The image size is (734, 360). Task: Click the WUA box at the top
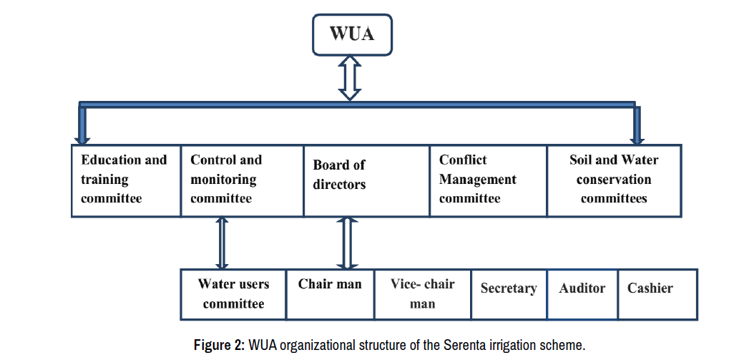point(352,35)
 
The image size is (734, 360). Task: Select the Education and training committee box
point(124,180)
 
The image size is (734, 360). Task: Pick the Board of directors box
point(366,180)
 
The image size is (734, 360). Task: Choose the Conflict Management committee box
point(487,180)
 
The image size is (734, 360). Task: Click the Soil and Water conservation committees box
point(614,180)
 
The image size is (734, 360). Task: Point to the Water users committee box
point(233,294)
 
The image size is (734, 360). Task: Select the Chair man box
point(330,294)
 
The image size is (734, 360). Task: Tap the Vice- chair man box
point(422,294)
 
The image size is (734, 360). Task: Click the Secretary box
point(509,294)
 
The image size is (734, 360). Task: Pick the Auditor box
point(582,294)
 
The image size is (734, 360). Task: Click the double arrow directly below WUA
point(350,78)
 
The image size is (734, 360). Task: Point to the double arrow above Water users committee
point(222,243)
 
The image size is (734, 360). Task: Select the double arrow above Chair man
point(346,243)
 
